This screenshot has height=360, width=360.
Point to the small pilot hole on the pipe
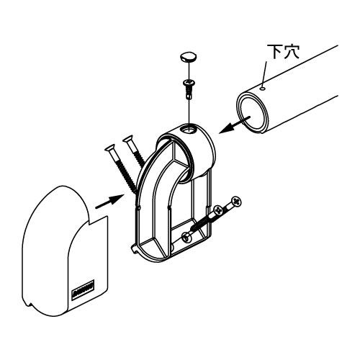pos(263,89)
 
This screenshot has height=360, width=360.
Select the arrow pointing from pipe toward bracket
pos(235,125)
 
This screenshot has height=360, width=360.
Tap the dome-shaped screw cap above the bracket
pos(189,58)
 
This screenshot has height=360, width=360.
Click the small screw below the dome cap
pos(189,89)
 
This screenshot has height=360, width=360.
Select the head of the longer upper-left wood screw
pos(109,149)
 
